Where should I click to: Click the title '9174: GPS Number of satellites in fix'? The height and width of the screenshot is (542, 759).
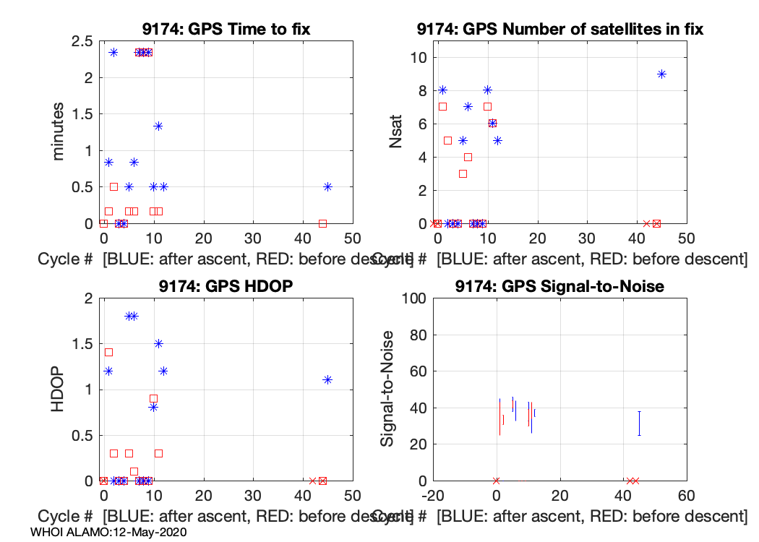(560, 30)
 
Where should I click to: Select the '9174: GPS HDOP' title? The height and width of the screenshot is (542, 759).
(227, 287)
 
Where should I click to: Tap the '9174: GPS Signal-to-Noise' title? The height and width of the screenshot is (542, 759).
(560, 287)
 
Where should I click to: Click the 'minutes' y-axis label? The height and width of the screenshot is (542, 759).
(58, 132)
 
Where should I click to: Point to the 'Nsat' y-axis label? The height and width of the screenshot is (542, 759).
(395, 132)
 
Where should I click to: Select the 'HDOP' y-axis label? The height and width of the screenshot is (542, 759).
(58, 390)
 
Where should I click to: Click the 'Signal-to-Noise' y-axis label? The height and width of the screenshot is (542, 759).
(387, 390)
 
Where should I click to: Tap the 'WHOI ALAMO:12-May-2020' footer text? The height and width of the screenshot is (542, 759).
(109, 533)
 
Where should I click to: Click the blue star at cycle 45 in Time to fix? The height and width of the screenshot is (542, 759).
(327, 186)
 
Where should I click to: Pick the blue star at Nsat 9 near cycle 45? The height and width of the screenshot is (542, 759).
(661, 74)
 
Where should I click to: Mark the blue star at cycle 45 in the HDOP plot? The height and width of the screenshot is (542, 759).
(327, 379)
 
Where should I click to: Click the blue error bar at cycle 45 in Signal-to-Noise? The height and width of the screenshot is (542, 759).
(639, 423)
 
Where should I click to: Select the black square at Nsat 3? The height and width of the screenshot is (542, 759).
(463, 173)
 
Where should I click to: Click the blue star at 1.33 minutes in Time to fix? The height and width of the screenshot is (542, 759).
(158, 126)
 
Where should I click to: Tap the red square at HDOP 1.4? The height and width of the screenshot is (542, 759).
(108, 352)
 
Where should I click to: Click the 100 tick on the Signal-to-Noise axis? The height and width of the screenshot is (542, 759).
(411, 298)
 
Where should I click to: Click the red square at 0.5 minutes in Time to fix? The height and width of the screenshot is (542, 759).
(113, 186)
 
